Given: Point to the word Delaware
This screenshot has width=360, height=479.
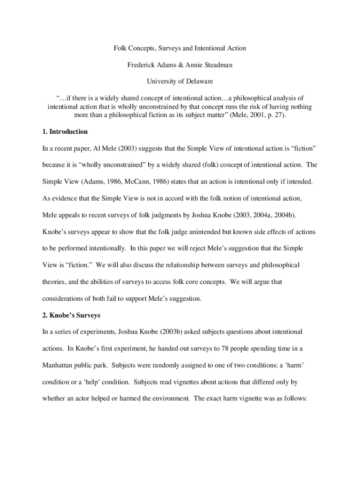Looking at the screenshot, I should pos(198,81).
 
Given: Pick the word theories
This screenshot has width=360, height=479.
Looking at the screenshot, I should pos(55,282).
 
